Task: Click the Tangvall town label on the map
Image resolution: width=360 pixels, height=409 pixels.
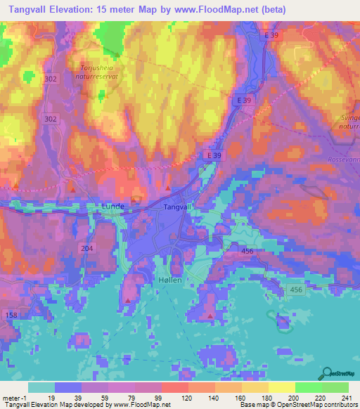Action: pyautogui.click(x=177, y=207)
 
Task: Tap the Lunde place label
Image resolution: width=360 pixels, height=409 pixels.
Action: pyautogui.click(x=113, y=206)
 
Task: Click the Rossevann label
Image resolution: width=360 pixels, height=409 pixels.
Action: pyautogui.click(x=342, y=160)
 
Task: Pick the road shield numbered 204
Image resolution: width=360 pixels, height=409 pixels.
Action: pyautogui.click(x=87, y=248)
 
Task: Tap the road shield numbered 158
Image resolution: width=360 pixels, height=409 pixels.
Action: pyautogui.click(x=11, y=316)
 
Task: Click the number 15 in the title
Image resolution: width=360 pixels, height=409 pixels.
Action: pyautogui.click(x=119, y=9)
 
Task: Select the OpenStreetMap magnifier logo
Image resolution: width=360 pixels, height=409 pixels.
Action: pyautogui.click(x=326, y=373)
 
